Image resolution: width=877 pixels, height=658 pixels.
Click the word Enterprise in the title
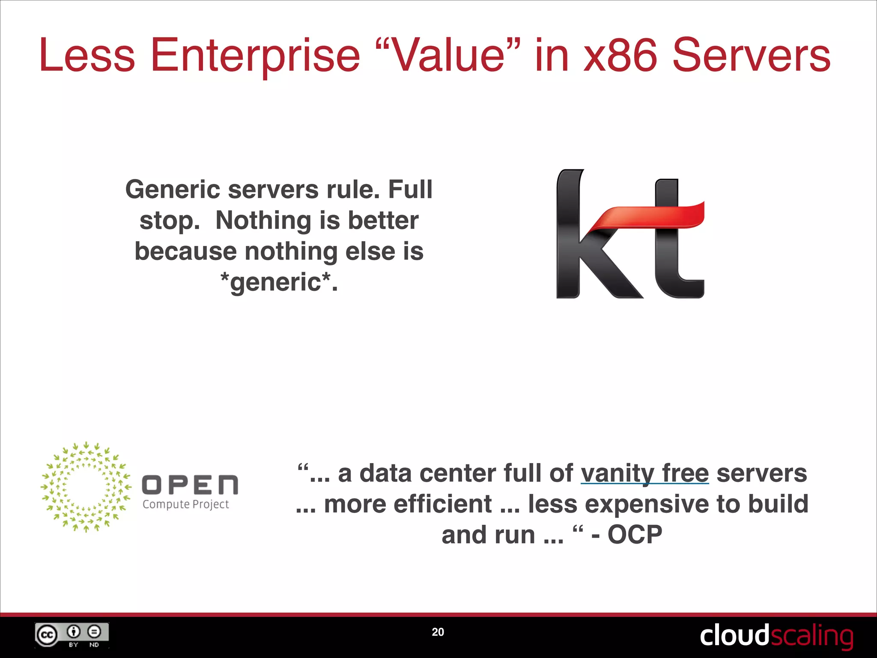point(255,56)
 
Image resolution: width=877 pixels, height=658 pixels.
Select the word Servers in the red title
point(752,56)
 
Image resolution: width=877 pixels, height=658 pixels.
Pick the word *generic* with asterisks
point(279,282)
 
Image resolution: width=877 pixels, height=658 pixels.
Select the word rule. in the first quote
point(353,189)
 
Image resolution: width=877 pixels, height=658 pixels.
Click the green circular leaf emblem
point(86,487)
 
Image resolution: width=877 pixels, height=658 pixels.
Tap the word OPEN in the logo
point(190,485)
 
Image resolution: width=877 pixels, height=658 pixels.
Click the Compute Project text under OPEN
point(186,505)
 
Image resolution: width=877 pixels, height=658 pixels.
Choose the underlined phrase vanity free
point(644,474)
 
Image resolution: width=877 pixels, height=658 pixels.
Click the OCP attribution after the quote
point(635,535)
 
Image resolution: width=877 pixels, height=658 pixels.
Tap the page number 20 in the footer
point(438,632)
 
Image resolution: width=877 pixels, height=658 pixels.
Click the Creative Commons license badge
point(72,635)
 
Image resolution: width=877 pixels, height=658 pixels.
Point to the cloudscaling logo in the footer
point(776,636)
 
